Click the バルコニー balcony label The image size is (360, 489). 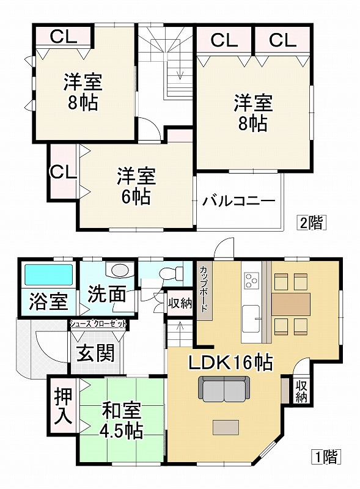(x=238, y=200)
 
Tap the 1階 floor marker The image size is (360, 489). (x=327, y=455)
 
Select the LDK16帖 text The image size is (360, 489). (x=229, y=362)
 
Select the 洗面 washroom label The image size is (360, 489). (x=106, y=295)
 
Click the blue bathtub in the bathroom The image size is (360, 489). (x=47, y=276)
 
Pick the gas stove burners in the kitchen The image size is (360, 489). (x=251, y=281)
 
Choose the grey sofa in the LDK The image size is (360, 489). (x=224, y=388)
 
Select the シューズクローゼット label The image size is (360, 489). (x=98, y=323)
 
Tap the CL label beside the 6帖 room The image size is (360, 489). (x=63, y=172)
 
